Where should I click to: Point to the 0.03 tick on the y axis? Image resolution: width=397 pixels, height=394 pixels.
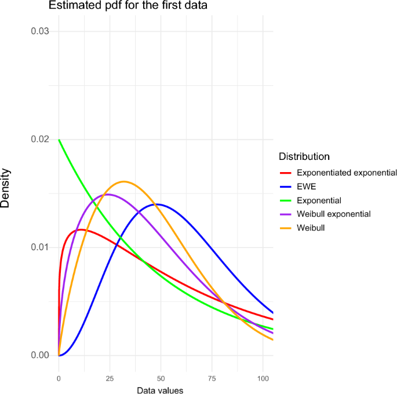point(39,31)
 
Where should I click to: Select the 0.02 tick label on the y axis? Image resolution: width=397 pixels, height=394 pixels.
point(39,140)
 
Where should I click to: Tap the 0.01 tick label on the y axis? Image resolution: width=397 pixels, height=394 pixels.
point(39,247)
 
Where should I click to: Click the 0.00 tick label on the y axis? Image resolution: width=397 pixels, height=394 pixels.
point(39,355)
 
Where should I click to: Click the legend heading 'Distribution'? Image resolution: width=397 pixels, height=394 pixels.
point(304,156)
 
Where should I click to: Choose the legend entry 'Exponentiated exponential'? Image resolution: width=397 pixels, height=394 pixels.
point(346,173)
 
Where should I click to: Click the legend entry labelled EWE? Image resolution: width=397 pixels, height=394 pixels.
point(306,187)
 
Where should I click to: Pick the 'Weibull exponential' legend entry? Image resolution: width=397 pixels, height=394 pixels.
point(333,214)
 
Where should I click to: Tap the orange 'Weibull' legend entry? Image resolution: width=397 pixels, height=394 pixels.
point(311,228)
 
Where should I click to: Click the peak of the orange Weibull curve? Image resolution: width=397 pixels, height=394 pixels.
point(123,181)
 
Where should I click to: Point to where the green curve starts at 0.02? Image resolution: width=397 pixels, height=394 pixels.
point(59,140)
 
